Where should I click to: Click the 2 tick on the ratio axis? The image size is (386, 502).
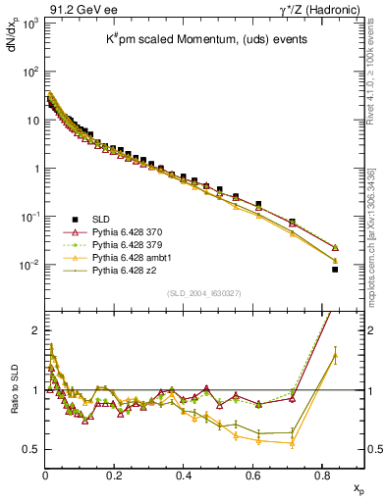(33, 330)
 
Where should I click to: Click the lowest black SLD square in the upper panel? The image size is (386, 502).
(335, 269)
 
